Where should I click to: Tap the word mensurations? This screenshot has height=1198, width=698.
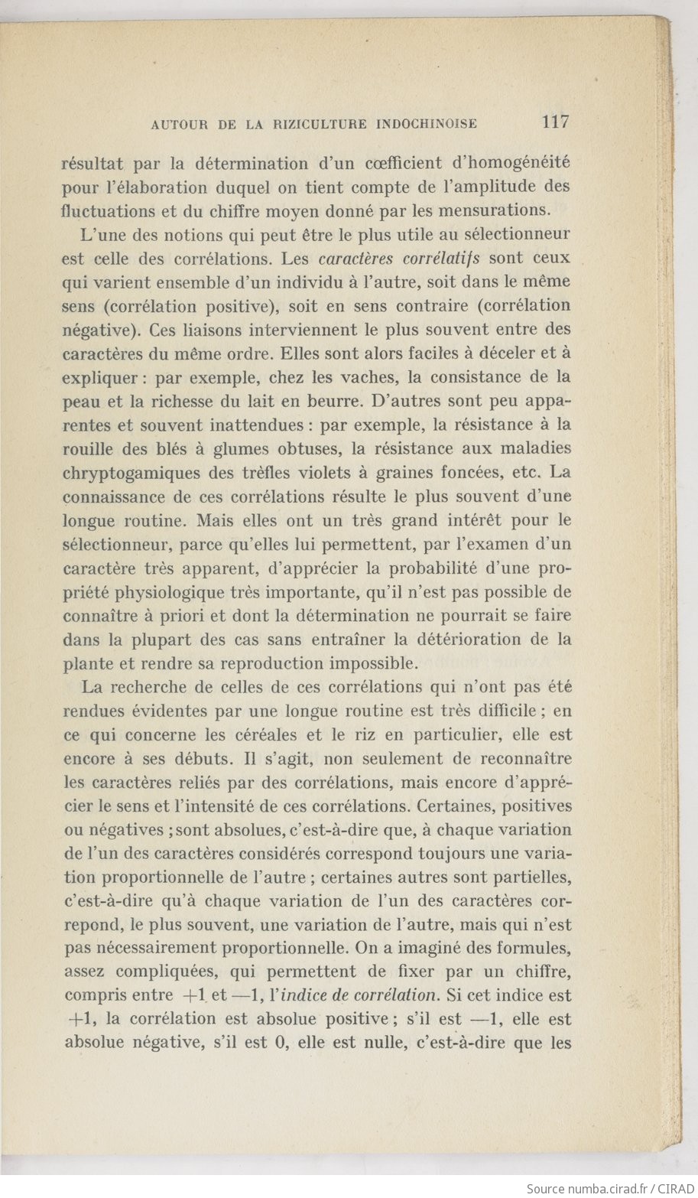pos(498,210)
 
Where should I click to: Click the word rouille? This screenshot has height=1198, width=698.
pos(86,448)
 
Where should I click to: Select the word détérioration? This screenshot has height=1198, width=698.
pos(469,639)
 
